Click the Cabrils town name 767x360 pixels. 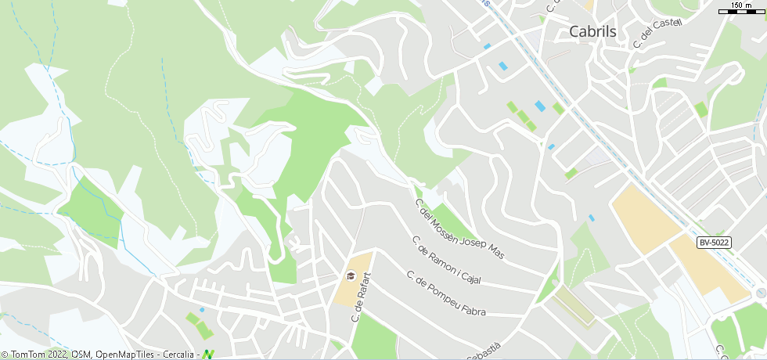point(592,32)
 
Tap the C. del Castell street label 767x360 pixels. point(657,34)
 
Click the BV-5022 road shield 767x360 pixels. point(714,243)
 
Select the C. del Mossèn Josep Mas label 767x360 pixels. point(459,229)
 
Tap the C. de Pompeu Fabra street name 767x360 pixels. point(445,293)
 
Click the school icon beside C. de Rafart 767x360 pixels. point(350,275)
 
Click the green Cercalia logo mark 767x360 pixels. point(208,355)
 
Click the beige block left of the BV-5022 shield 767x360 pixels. point(645,218)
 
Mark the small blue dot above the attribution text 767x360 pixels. point(202,310)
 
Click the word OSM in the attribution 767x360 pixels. point(81,355)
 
